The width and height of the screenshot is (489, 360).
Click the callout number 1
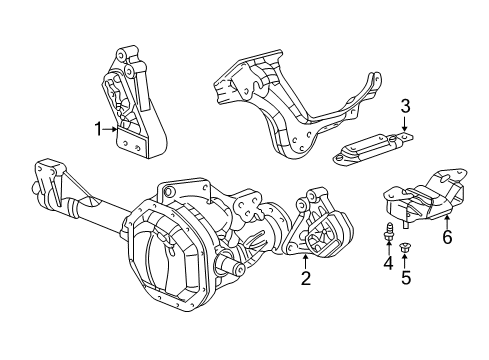coord(99,128)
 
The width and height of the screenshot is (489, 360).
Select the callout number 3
coord(405,106)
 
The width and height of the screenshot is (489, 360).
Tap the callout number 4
coord(384,263)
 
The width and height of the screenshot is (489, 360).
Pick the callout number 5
coord(405,278)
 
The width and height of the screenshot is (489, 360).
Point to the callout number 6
coord(447,264)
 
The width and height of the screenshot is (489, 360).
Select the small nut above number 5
coord(405,246)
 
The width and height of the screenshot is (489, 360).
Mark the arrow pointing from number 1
coord(112,128)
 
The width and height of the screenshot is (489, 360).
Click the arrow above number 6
coord(447,244)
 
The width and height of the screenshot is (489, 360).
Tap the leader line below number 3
coord(405,124)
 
